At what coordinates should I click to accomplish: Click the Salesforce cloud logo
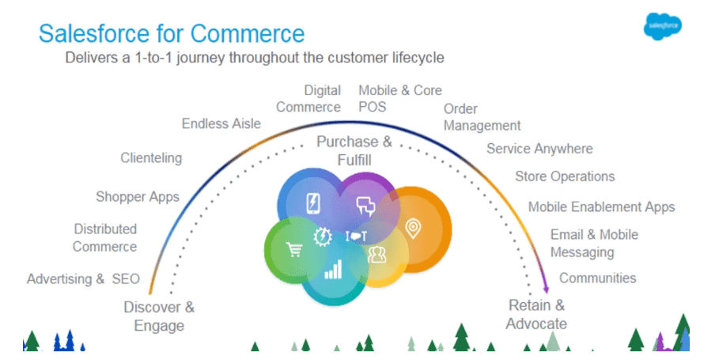(x=663, y=28)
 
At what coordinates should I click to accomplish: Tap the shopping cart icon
(x=294, y=250)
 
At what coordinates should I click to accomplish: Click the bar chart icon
(x=333, y=270)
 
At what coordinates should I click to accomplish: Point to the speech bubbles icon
(x=365, y=206)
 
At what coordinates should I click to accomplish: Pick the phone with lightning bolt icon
(x=312, y=204)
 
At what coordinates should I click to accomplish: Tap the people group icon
(x=376, y=255)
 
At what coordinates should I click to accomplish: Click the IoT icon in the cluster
(x=357, y=236)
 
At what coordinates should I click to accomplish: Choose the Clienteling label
(x=151, y=157)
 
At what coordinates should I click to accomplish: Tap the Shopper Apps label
(x=138, y=196)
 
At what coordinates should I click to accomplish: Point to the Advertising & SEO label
(x=83, y=279)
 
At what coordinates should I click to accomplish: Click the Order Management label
(x=482, y=117)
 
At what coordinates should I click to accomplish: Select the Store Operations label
(x=565, y=176)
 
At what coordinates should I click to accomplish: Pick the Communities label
(x=597, y=278)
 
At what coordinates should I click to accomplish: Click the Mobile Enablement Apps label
(x=601, y=207)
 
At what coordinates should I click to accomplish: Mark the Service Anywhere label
(x=539, y=149)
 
